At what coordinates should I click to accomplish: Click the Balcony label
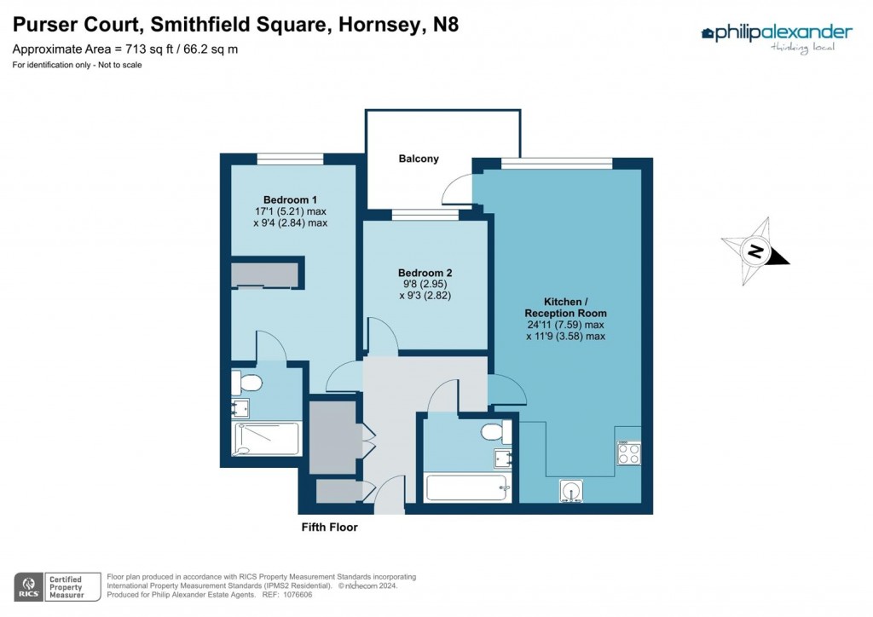419,159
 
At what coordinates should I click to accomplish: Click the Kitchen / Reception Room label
566,307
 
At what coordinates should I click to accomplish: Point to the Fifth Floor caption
330,528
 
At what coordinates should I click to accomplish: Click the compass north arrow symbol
755,251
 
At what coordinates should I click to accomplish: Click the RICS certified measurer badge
52,586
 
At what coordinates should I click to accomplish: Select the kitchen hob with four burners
629,453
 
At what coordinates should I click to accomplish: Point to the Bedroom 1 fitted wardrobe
264,274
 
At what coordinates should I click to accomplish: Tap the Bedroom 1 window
290,159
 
